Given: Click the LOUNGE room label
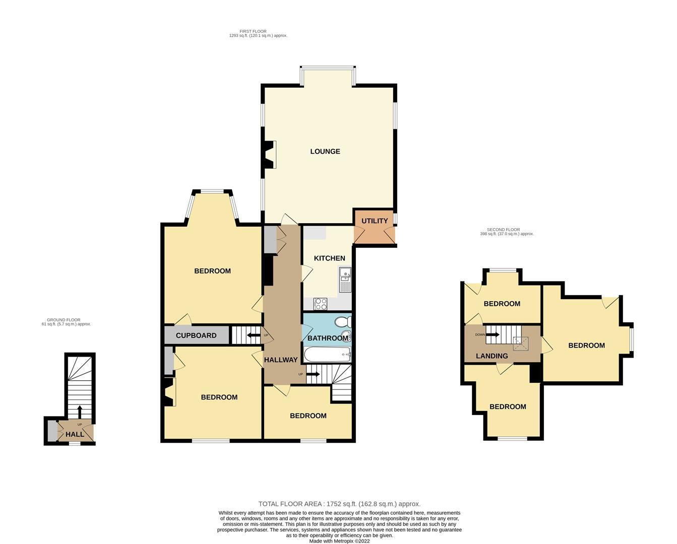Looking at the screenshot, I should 325,152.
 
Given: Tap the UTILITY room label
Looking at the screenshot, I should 375,221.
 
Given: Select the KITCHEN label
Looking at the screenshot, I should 330,258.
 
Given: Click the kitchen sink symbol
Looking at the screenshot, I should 345,280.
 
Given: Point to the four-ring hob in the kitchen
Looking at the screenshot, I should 321,304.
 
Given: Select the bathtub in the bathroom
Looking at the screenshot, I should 328,354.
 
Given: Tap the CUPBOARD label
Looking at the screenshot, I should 196,335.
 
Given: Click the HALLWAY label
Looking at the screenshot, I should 281,360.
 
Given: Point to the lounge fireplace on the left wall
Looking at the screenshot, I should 270,155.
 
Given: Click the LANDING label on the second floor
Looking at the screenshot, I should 492,356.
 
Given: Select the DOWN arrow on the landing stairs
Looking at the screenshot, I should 493,334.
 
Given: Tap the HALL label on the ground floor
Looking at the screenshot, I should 75,434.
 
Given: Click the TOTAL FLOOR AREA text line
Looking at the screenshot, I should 339,504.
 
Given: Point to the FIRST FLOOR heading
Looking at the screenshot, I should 253,31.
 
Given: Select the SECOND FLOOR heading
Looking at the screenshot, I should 503,230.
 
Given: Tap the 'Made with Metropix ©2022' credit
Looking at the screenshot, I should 339,541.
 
